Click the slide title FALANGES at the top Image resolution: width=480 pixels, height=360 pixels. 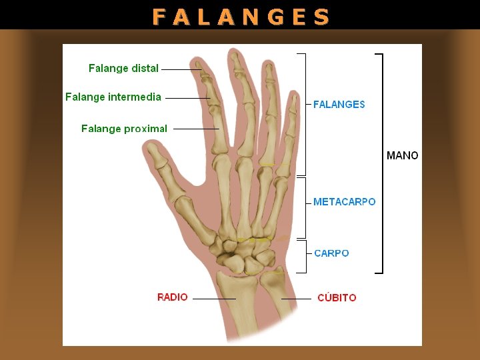[x=241, y=16]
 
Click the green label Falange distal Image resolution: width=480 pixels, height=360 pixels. [x=123, y=68]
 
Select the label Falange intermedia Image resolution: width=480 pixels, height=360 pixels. [x=113, y=97]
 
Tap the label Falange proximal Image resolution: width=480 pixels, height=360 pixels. [x=124, y=129]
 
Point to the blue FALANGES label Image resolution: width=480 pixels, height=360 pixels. [x=339, y=105]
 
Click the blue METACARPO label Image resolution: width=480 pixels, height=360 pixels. [x=344, y=202]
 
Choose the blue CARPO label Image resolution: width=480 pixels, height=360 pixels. [x=331, y=253]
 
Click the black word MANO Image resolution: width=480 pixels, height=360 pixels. [x=403, y=156]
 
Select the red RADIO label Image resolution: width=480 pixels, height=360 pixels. [x=173, y=297]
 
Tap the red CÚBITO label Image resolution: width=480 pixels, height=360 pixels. [x=337, y=298]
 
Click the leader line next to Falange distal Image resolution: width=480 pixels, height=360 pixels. [x=180, y=69]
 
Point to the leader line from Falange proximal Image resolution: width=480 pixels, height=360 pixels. [x=195, y=129]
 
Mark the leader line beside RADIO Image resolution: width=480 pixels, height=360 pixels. [x=213, y=299]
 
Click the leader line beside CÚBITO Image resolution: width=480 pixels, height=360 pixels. [x=296, y=299]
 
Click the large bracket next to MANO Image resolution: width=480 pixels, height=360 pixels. [x=381, y=163]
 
